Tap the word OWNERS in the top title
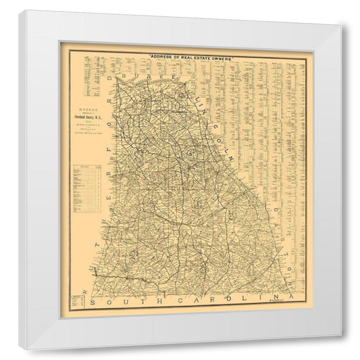[x=220, y=59]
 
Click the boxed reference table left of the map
[x=88, y=189]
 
